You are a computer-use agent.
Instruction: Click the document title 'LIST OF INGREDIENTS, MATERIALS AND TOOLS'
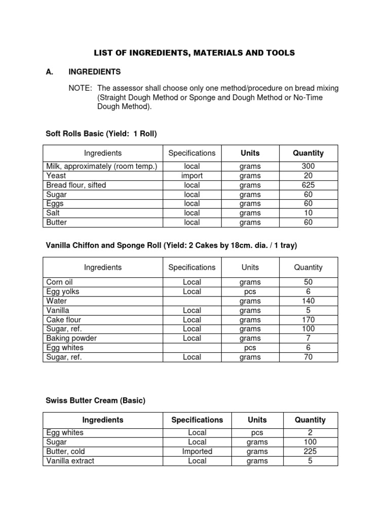(194, 53)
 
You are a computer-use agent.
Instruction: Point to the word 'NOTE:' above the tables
(80, 88)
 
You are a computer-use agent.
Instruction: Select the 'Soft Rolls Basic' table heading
(101, 134)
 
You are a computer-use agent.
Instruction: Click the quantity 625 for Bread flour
(308, 185)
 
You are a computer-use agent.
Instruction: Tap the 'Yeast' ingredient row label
(56, 175)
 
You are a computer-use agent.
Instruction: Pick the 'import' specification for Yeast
(192, 175)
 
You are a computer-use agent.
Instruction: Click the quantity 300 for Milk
(308, 166)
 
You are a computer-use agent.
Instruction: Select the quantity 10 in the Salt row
(308, 213)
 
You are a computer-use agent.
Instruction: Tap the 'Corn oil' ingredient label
(60, 282)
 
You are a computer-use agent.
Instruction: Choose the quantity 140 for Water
(308, 301)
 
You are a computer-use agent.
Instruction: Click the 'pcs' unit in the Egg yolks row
(250, 291)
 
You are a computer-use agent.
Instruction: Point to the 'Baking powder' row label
(71, 338)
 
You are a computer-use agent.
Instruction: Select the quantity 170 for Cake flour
(308, 319)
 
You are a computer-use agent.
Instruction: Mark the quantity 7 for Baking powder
(308, 338)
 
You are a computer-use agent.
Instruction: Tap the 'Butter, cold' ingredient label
(65, 451)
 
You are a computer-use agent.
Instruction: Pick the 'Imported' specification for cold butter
(197, 451)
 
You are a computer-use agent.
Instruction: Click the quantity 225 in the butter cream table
(310, 451)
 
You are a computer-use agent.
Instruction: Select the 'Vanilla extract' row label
(70, 461)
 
